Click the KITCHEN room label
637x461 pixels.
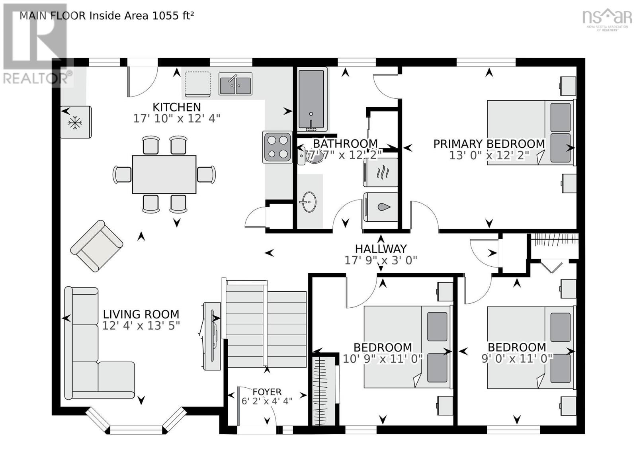coord(177,107)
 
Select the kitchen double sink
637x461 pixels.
coord(235,84)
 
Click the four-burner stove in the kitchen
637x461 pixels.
coord(277,147)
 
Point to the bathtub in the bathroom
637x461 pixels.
coord(311,100)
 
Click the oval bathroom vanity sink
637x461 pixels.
coord(308,202)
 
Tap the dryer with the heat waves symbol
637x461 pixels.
coord(381,172)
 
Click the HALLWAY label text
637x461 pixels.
coord(381,249)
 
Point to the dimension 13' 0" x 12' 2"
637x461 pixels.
coord(489,156)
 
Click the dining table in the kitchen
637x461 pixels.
coord(164,174)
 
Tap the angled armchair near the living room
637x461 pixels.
coord(96,246)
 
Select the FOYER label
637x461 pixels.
coord(267,392)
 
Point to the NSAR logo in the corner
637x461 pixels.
coord(607,19)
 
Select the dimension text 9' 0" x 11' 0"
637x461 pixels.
coord(517,359)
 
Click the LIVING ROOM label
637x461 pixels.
coord(141,314)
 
